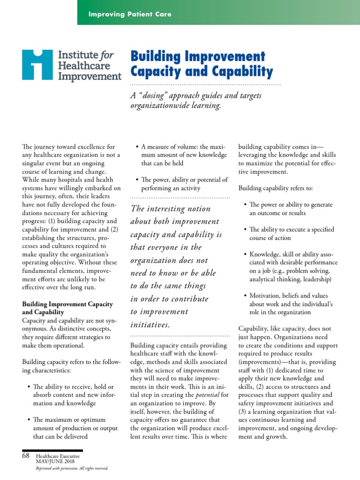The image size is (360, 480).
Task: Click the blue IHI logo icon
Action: pyautogui.click(x=38, y=65)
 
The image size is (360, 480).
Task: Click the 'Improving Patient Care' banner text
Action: pyautogui.click(x=130, y=14)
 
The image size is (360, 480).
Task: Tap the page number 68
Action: pyautogui.click(x=25, y=456)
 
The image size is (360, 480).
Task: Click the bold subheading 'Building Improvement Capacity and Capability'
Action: pyautogui.click(x=67, y=307)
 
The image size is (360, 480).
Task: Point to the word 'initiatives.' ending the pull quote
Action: pyautogui.click(x=150, y=324)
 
